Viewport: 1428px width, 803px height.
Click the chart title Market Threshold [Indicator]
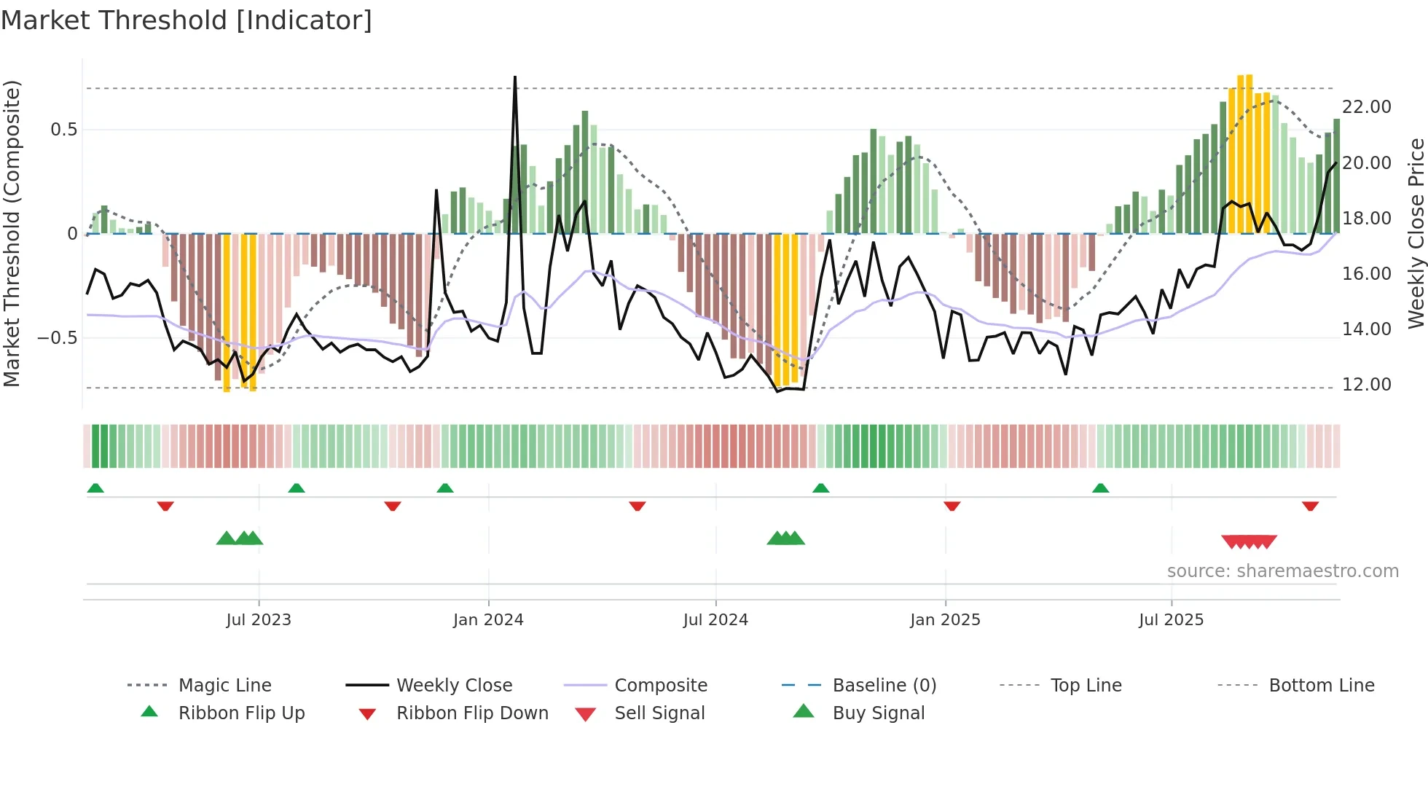tap(187, 20)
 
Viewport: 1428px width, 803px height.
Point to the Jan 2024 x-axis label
tap(488, 620)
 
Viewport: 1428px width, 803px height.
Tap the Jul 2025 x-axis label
tap(1171, 620)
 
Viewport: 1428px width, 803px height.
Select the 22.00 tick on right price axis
tap(1366, 107)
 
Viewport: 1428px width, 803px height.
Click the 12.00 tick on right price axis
tap(1366, 385)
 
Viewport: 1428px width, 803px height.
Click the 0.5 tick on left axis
tap(63, 130)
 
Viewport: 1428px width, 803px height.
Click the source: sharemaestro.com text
tap(1282, 571)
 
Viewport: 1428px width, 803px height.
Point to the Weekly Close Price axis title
tap(1416, 233)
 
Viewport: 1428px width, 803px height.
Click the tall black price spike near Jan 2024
tap(515, 80)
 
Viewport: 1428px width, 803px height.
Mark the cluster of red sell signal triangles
tap(1249, 541)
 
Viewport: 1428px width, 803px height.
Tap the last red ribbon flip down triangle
tap(1310, 506)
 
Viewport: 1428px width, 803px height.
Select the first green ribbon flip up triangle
tap(95, 488)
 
